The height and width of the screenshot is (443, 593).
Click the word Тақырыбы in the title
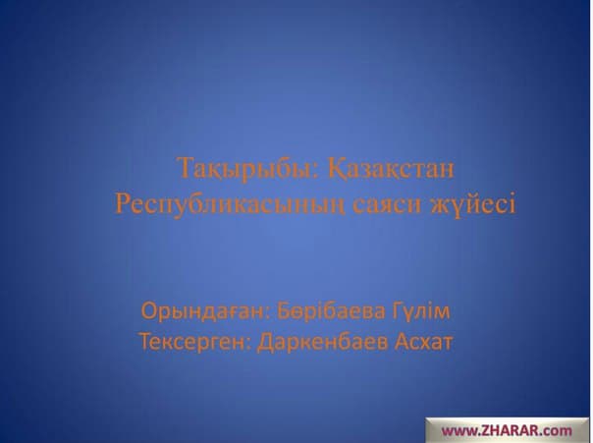(x=245, y=169)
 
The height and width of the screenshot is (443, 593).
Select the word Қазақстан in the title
(x=391, y=168)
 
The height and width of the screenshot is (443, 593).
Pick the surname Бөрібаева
(x=331, y=311)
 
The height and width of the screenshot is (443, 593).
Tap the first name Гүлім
(x=421, y=311)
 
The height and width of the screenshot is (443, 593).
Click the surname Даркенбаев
(x=322, y=343)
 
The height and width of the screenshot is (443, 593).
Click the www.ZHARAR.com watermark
(x=507, y=430)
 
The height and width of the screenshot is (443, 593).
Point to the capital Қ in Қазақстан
(x=336, y=168)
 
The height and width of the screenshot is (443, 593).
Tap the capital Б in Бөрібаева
(x=284, y=311)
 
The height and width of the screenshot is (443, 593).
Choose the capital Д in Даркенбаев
(x=264, y=343)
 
